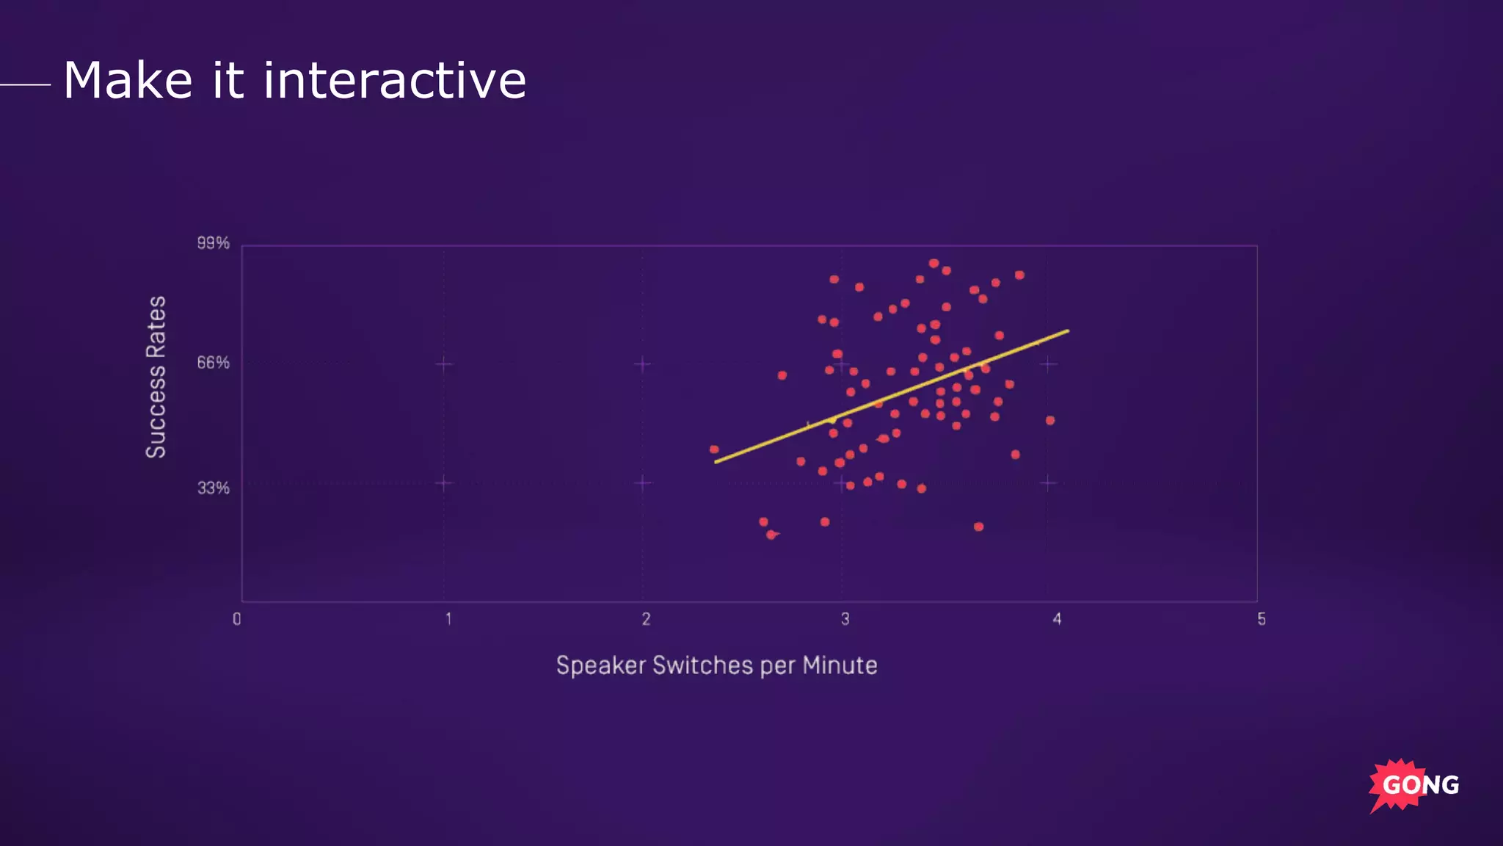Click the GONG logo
(x=1414, y=784)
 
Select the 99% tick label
(x=213, y=243)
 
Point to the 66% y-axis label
(x=213, y=363)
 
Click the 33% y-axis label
(x=213, y=488)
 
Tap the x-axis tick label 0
(x=237, y=619)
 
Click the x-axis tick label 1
(x=448, y=619)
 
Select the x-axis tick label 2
(x=646, y=619)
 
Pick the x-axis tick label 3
(x=845, y=619)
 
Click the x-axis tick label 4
(x=1057, y=619)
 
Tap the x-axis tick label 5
(x=1262, y=619)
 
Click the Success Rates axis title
(x=156, y=377)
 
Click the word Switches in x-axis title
(x=702, y=665)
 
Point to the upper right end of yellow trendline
(x=1067, y=331)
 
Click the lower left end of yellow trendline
(x=717, y=461)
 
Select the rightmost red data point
(x=1050, y=420)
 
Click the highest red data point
(x=934, y=263)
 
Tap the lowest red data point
(x=771, y=535)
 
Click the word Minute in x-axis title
(x=840, y=665)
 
